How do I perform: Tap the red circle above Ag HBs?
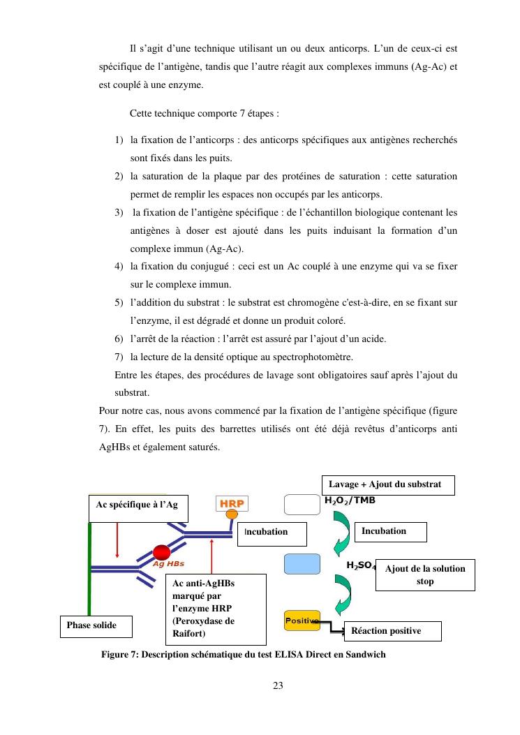[x=162, y=553]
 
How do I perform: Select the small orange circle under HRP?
[x=231, y=515]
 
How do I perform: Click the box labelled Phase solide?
[x=96, y=625]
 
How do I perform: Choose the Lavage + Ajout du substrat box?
[x=387, y=484]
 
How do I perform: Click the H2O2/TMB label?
[x=351, y=500]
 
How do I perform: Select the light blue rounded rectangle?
[x=302, y=563]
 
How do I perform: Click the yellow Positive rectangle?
[x=302, y=620]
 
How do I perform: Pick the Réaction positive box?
[x=392, y=631]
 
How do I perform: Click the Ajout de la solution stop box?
[x=424, y=574]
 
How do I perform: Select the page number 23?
[x=278, y=685]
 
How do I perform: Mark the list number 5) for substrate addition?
[x=119, y=303]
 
